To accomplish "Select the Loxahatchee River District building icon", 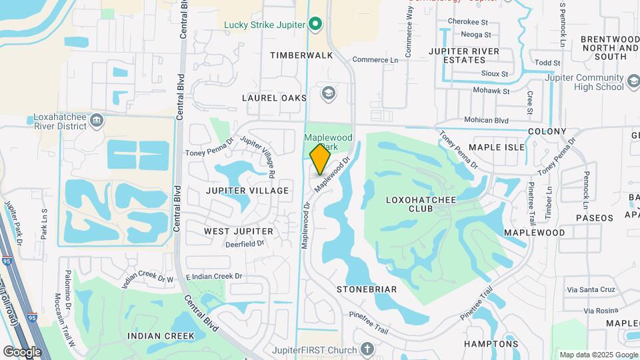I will coord(97,120).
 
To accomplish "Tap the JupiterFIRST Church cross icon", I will coord(367,349).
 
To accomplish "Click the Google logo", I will coord(22,351).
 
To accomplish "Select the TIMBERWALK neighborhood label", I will coord(301,55).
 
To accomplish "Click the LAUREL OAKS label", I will coord(274,98).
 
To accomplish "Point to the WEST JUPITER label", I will coord(238,231).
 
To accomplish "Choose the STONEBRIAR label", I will coord(367,289).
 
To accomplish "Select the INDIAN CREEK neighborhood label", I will coord(161,335).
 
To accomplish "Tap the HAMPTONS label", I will coord(491,344).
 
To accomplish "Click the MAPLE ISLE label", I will coord(497,147).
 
